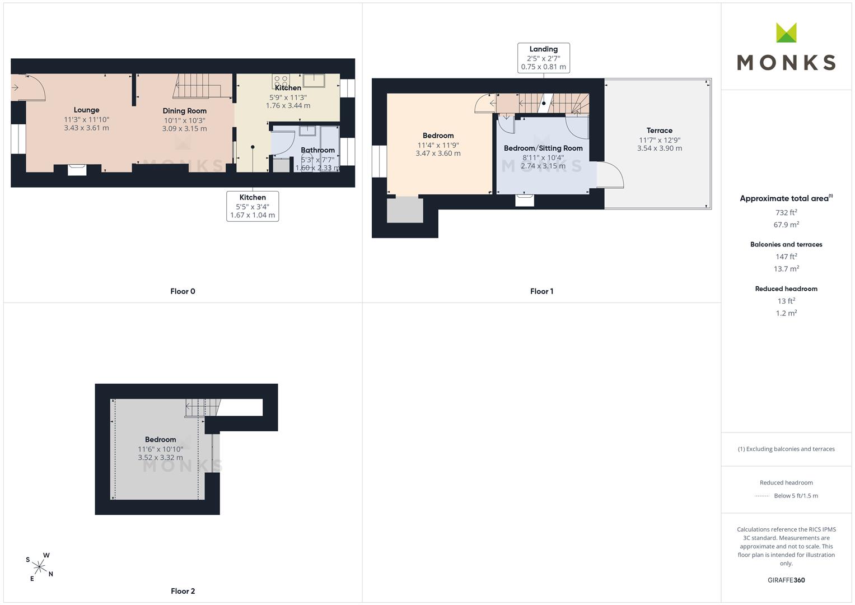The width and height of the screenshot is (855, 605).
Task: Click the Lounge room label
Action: tap(86, 110)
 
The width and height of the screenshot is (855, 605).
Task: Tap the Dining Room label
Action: tap(184, 111)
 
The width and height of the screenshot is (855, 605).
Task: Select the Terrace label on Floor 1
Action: tap(659, 130)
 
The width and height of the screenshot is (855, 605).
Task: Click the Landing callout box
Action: tap(544, 58)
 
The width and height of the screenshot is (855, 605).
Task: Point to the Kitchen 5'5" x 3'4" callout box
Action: tap(253, 206)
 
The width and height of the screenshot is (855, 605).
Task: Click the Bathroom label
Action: tap(317, 150)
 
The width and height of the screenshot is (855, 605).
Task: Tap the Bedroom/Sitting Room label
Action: tap(543, 148)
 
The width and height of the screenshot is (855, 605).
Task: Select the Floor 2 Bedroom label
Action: tap(160, 439)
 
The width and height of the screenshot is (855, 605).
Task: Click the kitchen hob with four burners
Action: tap(281, 81)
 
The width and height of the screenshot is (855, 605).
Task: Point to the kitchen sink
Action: tap(314, 81)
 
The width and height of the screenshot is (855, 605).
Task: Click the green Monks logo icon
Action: tap(786, 32)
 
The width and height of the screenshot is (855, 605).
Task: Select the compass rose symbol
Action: tap(39, 567)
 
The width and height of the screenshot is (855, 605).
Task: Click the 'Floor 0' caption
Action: tap(183, 291)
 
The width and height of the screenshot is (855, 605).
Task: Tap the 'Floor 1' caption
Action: tap(541, 291)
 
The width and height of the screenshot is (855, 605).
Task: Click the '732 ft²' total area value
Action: tap(786, 212)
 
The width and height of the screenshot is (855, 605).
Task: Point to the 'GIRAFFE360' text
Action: tap(786, 580)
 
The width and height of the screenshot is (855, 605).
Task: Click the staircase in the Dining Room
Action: tap(202, 86)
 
